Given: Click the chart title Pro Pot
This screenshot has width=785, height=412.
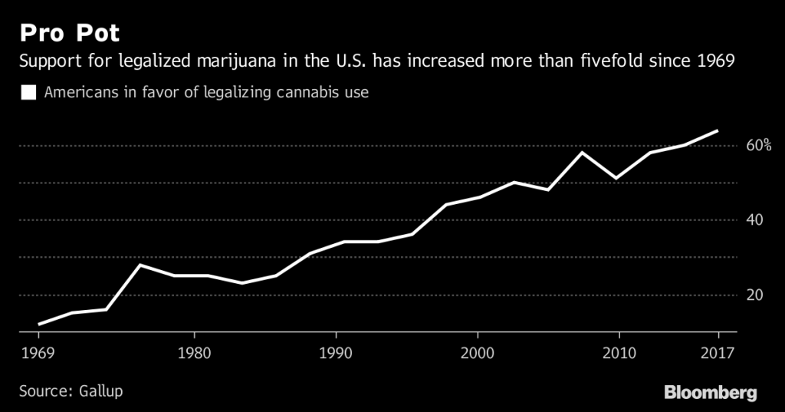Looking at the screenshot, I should click(x=69, y=34).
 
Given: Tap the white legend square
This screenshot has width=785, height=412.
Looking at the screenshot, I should click(x=29, y=93).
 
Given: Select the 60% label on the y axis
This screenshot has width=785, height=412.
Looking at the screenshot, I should click(x=758, y=146).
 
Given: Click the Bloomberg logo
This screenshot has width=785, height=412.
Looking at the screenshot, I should click(x=710, y=392).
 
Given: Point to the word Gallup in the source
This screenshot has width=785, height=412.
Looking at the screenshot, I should click(x=100, y=391).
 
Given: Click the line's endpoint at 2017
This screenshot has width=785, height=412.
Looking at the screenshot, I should click(x=718, y=130).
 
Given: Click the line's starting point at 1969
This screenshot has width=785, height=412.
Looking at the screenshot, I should click(x=38, y=325).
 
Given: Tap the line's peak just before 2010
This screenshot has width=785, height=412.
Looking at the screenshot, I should click(x=583, y=152).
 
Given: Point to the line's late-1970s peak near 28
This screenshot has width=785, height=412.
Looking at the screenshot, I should click(x=139, y=265).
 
